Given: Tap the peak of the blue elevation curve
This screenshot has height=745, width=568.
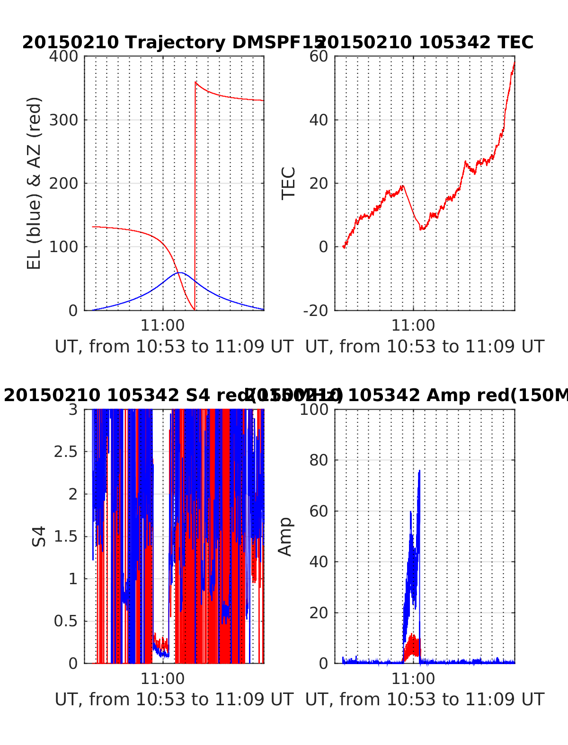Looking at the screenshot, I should coord(180,273).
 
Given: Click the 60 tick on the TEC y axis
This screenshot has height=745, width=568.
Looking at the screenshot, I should coord(319,56).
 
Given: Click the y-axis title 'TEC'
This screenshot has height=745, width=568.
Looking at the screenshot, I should coord(289,183).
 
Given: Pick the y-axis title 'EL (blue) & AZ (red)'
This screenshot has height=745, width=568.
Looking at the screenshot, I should coord(35,183).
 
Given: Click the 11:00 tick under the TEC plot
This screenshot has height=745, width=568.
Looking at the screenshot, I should coord(413,325).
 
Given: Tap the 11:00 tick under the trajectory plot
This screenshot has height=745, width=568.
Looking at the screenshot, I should coord(162,325).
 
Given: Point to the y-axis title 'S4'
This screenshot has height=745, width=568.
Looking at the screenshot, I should coord(39,536).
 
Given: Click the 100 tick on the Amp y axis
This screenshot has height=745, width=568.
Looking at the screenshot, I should coord(314,409).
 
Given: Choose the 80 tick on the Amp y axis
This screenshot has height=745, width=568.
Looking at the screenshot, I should coord(319,460).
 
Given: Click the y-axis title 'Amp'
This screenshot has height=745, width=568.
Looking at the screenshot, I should coord(285,536).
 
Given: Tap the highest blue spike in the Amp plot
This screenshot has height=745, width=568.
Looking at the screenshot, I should coord(419,471).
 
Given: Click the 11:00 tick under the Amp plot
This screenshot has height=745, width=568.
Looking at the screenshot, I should coord(413,678).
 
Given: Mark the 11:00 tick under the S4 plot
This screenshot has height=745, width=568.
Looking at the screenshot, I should coord(162,678).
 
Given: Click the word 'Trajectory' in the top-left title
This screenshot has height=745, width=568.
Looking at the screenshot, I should coord(175,43).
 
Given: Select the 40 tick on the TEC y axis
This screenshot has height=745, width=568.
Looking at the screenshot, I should coord(319,120).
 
